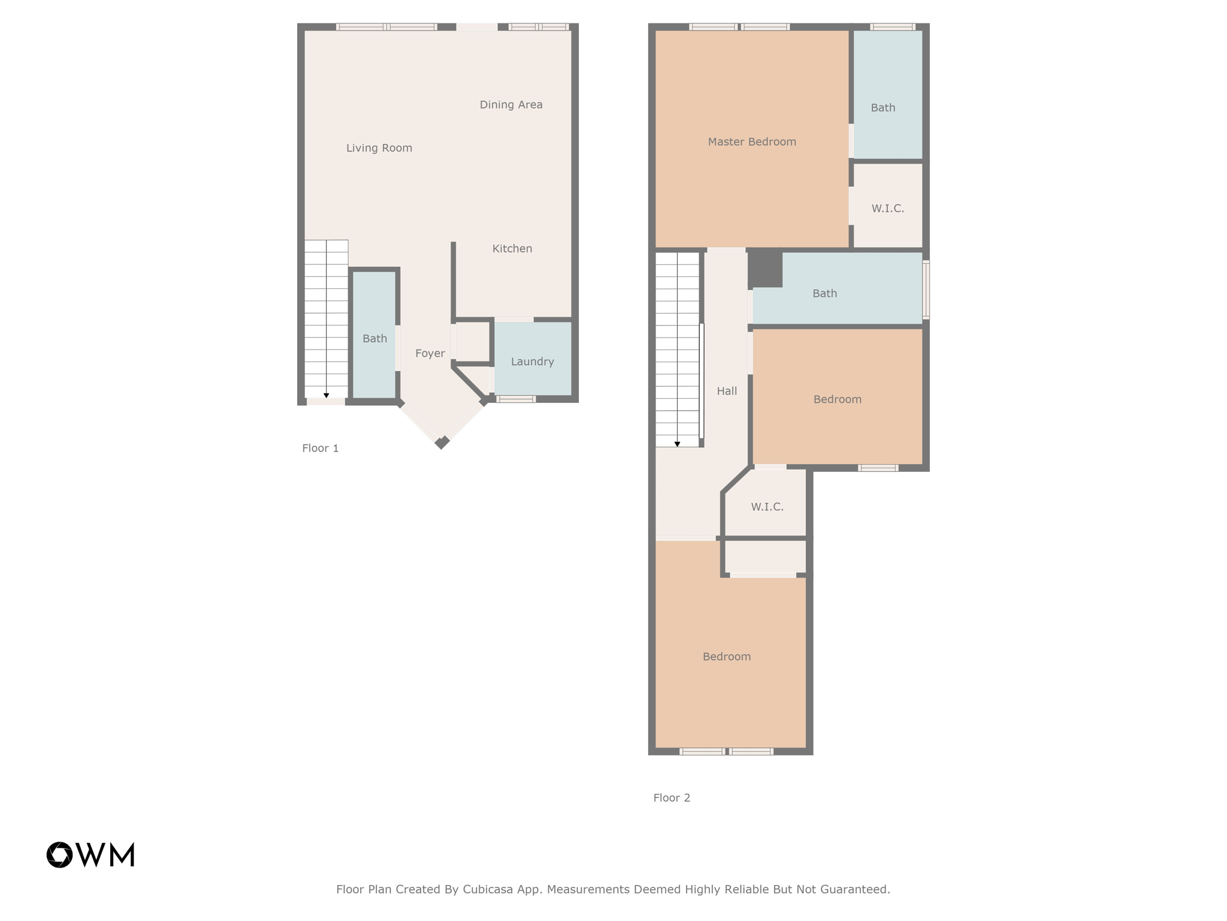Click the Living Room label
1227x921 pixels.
[x=379, y=148]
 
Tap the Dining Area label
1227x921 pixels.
[x=510, y=105]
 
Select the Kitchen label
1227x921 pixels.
[x=512, y=249]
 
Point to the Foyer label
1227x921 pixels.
[x=430, y=354]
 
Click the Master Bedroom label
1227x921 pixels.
[x=751, y=142]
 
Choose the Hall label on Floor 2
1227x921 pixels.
[x=726, y=392]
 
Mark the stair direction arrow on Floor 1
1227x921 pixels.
[x=326, y=396]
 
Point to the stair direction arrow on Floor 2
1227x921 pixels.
[x=677, y=444]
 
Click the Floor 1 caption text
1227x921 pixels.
[x=320, y=449]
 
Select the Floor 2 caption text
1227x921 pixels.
[x=671, y=798]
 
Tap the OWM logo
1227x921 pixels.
[x=90, y=854]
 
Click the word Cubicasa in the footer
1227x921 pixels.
[x=487, y=889]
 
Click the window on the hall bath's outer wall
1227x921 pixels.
[x=926, y=289]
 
